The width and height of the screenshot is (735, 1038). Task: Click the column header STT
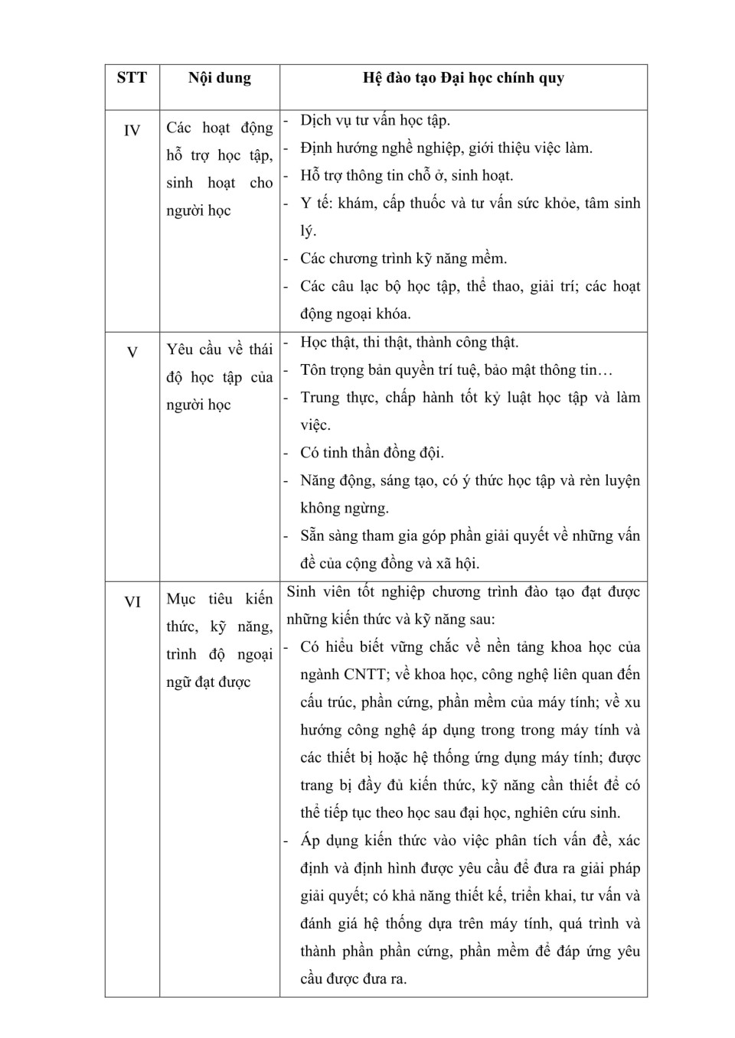click(x=132, y=78)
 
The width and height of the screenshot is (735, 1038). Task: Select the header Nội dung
click(x=220, y=78)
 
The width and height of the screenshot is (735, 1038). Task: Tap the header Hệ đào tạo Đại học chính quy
click(x=463, y=78)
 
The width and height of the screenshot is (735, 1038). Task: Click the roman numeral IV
click(x=132, y=131)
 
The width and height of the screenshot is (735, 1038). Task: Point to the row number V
click(x=132, y=353)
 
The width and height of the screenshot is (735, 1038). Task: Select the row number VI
click(x=132, y=602)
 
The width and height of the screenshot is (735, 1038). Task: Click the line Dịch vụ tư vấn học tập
click(x=375, y=121)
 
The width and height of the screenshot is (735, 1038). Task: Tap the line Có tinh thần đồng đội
click(x=372, y=453)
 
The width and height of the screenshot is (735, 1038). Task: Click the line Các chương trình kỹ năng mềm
click(x=403, y=259)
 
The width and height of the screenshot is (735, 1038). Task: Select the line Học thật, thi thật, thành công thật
click(x=410, y=343)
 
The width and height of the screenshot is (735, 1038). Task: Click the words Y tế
click(x=316, y=203)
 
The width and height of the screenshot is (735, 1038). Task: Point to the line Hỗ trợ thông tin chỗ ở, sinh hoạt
click(x=407, y=176)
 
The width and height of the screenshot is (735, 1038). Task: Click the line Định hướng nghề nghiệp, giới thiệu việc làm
click(x=446, y=148)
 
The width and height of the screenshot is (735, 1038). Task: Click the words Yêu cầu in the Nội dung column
click(x=194, y=350)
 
